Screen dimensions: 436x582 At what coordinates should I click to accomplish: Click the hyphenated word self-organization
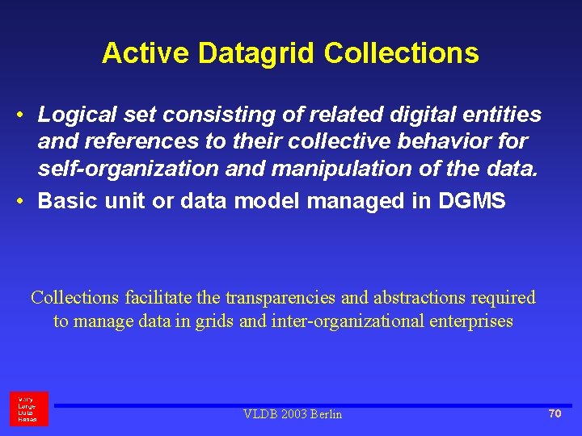coord(128,169)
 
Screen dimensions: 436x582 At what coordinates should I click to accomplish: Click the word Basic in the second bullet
coord(68,200)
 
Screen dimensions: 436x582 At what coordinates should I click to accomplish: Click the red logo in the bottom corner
coord(29,409)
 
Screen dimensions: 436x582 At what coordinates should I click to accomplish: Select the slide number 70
coord(555,413)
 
